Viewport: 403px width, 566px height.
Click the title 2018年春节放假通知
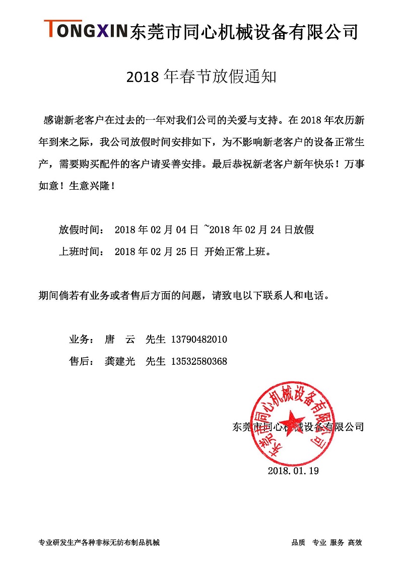[x=201, y=76]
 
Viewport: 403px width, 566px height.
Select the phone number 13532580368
[x=199, y=361]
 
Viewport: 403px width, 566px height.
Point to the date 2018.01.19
[x=294, y=471]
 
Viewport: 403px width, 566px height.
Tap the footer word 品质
[x=298, y=543]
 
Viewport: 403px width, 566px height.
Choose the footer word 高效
[x=355, y=543]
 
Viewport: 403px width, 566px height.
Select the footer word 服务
[x=337, y=543]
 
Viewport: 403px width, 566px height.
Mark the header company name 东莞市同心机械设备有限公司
[x=244, y=31]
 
